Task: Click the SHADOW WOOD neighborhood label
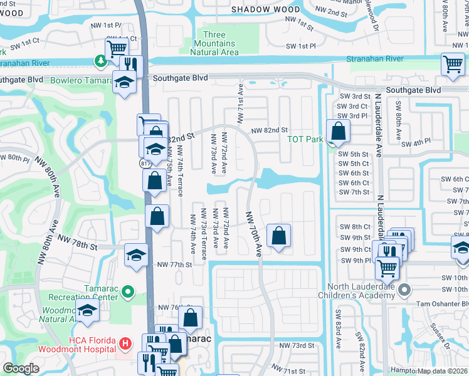[265, 9]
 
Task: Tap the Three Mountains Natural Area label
[218, 43]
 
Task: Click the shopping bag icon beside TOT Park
[338, 132]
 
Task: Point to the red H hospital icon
[125, 343]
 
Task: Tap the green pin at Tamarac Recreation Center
[127, 291]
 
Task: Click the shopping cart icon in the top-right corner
[453, 65]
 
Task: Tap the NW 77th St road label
[174, 265]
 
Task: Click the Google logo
[21, 368]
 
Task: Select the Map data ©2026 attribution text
[443, 371]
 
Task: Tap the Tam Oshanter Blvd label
[443, 304]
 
